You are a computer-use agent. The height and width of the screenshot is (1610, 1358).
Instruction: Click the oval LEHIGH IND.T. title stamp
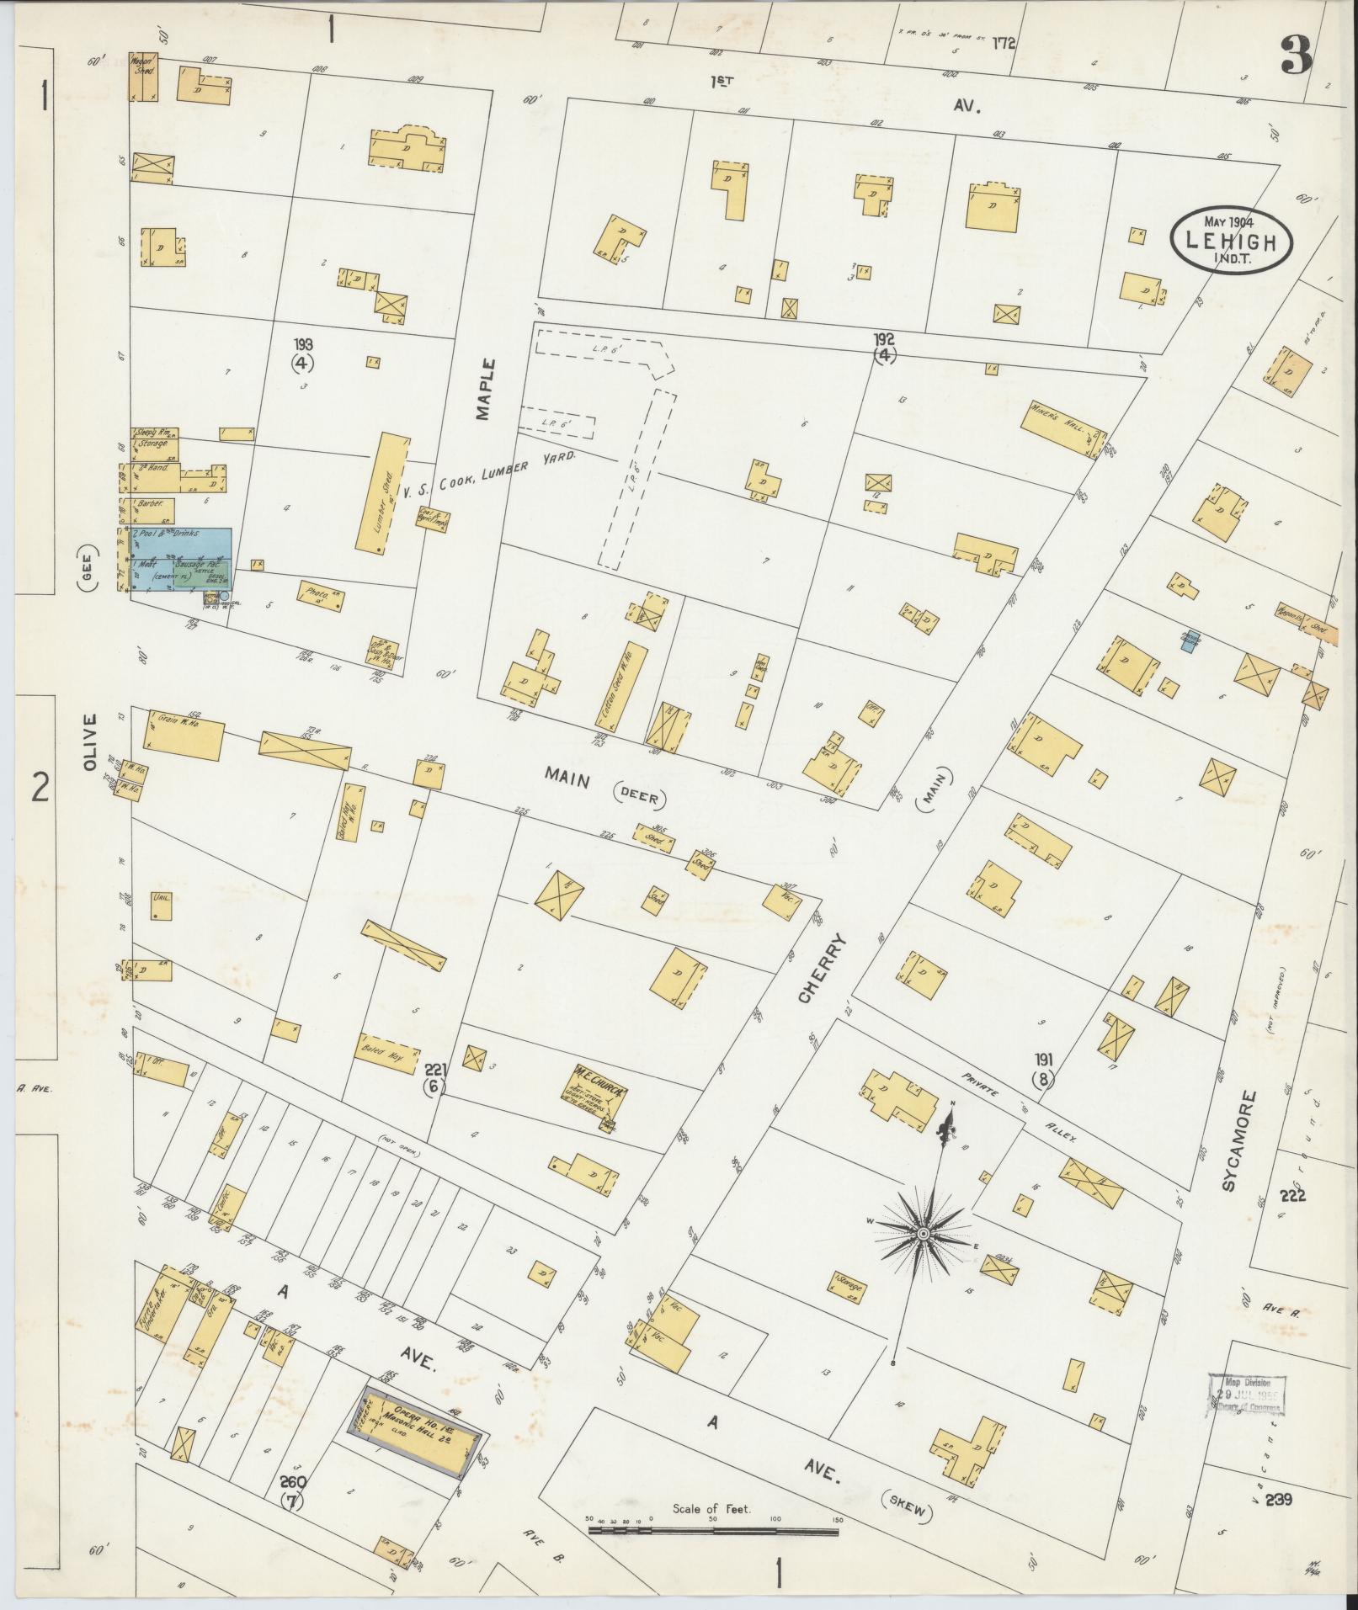[x=1230, y=239]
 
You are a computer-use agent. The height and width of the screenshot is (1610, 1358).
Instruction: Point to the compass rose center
[x=923, y=1233]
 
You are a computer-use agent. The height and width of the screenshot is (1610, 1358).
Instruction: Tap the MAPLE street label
[x=485, y=389]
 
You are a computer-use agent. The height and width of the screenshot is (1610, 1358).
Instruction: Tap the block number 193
[x=303, y=344]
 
